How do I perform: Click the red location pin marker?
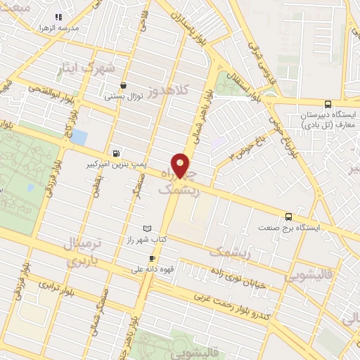tap(181, 167)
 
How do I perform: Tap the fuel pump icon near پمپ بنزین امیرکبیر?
tap(115, 153)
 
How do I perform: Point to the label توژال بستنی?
tap(124, 96)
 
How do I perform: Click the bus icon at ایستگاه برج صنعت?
tap(289, 217)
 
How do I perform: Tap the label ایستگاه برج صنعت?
tap(289, 228)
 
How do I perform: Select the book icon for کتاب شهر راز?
tap(146, 229)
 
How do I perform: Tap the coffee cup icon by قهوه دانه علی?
tap(151, 258)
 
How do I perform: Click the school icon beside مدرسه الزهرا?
tap(59, 16)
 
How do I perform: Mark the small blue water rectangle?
tap(79, 137)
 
